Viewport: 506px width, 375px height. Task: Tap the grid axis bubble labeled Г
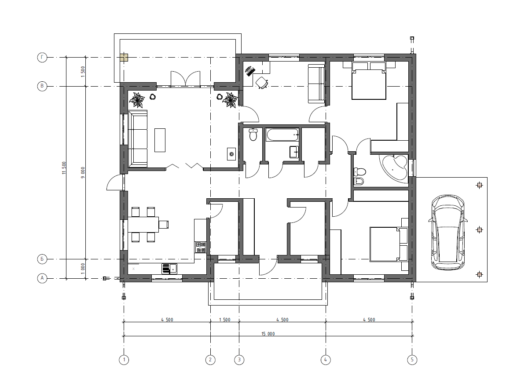point(42,58)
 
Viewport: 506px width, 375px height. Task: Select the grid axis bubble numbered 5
point(412,360)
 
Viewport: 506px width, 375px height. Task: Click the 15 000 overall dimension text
point(268,334)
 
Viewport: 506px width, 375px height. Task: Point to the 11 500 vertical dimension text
point(64,168)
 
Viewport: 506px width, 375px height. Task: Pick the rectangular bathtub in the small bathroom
point(282,135)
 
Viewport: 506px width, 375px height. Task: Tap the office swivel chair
point(262,83)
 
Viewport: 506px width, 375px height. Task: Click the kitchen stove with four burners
point(200,247)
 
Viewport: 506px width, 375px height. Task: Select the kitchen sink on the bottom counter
point(169,269)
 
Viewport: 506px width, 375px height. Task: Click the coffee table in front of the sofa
point(160,140)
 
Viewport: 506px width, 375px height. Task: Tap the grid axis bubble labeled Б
point(42,259)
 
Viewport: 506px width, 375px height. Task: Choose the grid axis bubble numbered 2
point(210,360)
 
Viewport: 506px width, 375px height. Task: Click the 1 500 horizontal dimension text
point(224,320)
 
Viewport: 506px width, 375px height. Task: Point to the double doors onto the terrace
point(185,79)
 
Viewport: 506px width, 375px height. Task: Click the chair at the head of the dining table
point(164,224)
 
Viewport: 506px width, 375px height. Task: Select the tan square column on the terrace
point(124,58)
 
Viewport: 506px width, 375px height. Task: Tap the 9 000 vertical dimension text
point(83,173)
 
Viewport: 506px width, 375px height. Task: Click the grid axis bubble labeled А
point(42,278)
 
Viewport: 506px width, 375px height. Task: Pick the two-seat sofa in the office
point(316,84)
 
